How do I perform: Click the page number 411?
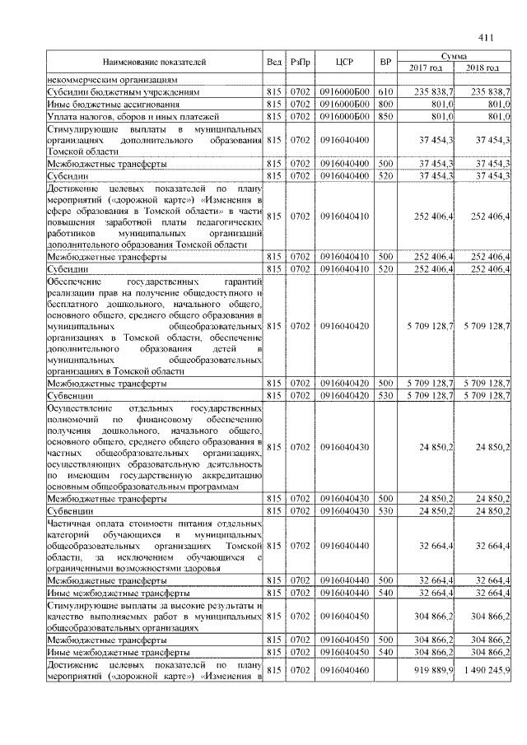click(484, 36)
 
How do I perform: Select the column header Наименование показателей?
click(154, 62)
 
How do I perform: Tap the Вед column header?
click(274, 62)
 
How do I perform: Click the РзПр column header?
click(299, 62)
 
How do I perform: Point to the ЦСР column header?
click(344, 62)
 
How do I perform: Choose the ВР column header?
click(385, 62)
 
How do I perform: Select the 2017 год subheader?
click(426, 68)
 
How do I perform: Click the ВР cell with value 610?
click(385, 93)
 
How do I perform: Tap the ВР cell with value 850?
click(385, 117)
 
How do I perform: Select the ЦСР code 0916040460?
click(344, 672)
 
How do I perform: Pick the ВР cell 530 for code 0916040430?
click(385, 510)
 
